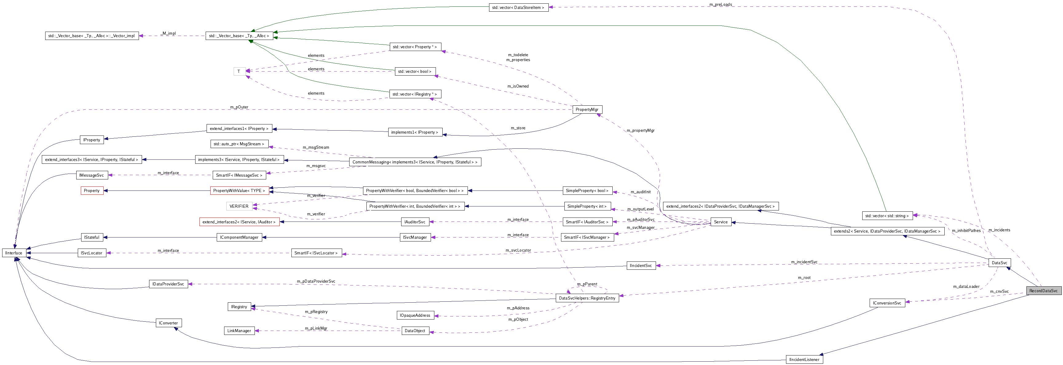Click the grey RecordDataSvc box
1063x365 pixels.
(1043, 291)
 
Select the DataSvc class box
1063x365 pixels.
(999, 263)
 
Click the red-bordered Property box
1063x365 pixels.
(92, 190)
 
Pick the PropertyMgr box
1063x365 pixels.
(587, 109)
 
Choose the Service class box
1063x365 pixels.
(721, 222)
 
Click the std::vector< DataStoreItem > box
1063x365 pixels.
(518, 7)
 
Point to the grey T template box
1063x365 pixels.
(239, 71)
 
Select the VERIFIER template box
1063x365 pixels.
(239, 206)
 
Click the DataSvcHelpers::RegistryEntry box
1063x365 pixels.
(587, 298)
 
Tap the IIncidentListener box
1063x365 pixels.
(804, 360)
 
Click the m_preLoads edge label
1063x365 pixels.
(721, 5)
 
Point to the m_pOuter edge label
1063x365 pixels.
(239, 107)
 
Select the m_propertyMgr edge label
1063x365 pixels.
(640, 130)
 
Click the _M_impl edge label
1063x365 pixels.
(168, 33)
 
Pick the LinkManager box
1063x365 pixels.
(239, 331)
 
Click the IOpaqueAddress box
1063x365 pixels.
(415, 316)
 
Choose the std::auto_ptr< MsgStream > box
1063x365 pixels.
(239, 144)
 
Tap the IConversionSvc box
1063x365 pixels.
(887, 303)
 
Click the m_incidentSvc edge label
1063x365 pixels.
(804, 262)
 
